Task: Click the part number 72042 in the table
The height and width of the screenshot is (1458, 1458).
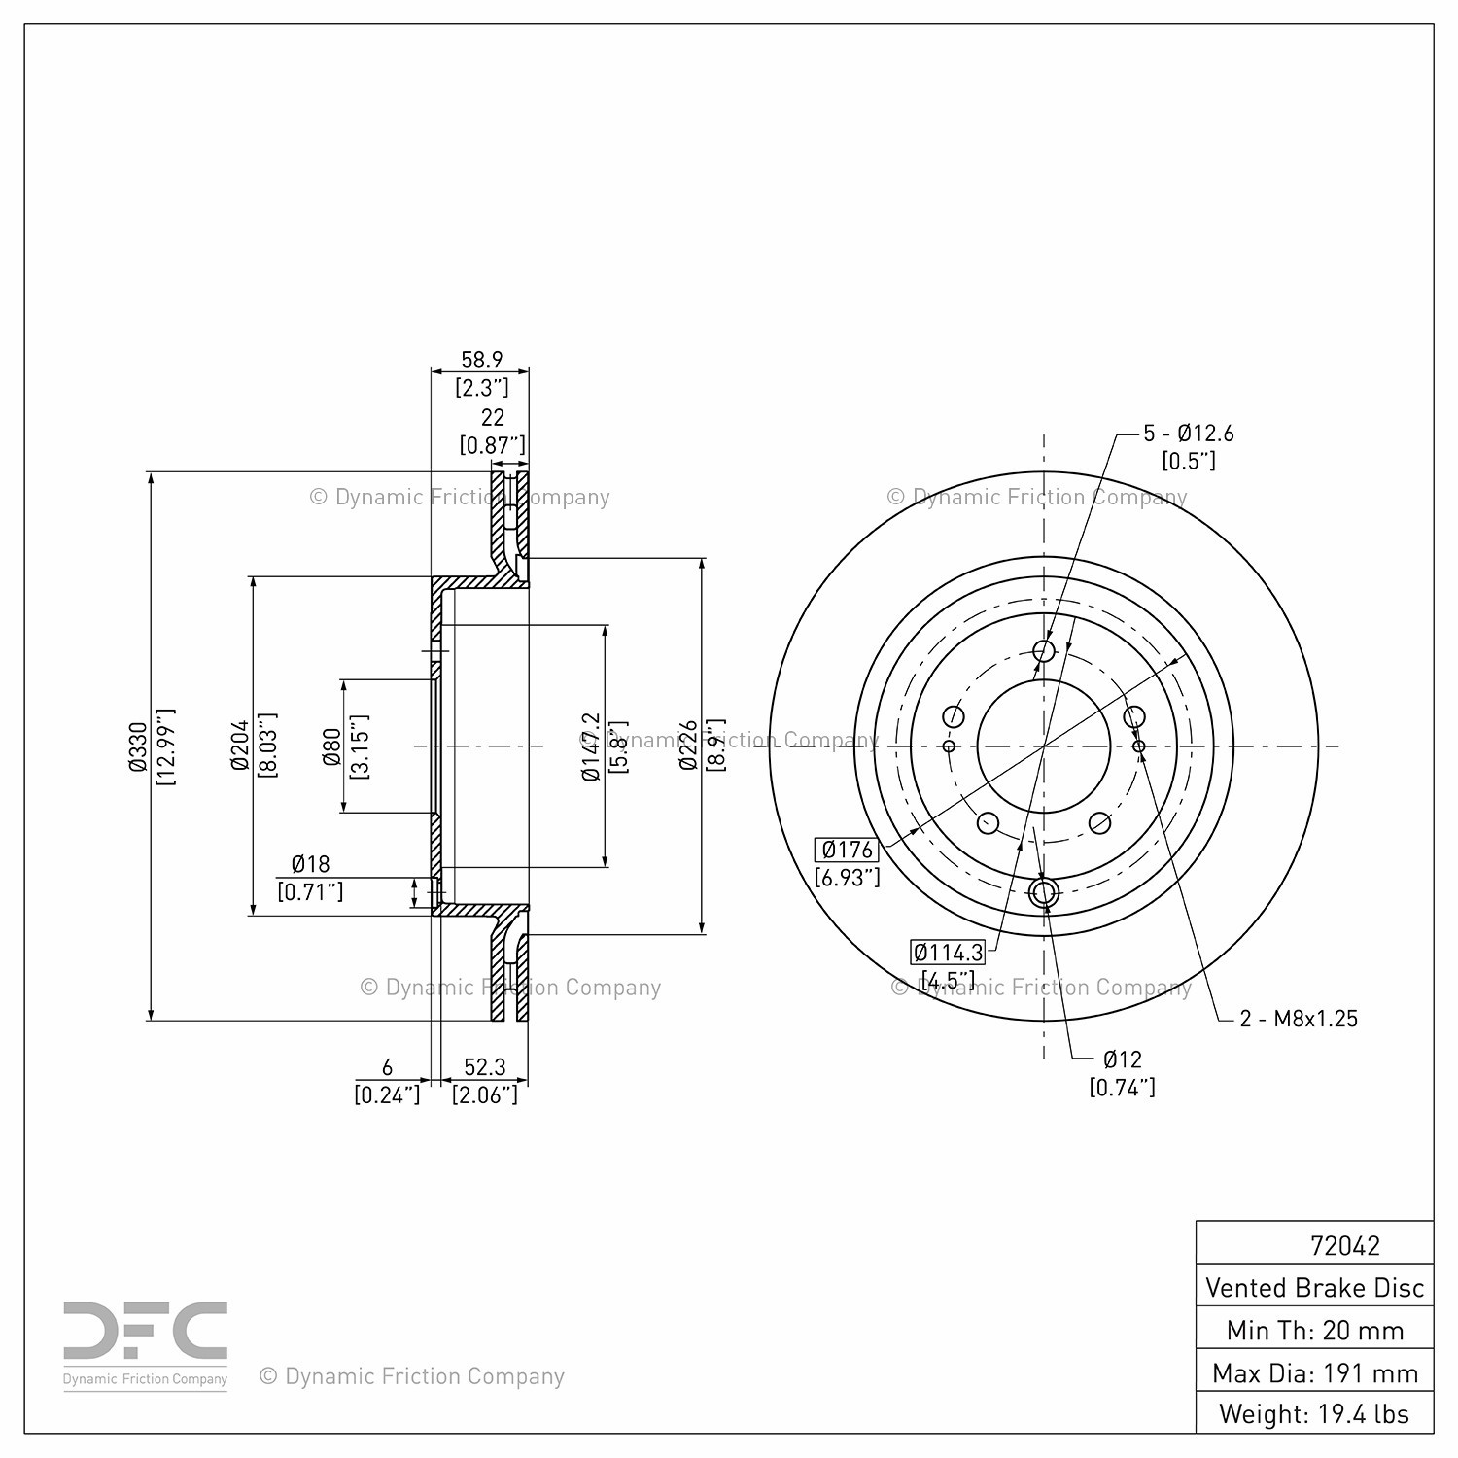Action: click(1344, 1245)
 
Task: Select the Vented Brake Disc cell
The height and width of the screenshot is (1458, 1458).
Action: click(1314, 1288)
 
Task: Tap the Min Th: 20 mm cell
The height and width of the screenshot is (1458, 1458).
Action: click(1314, 1330)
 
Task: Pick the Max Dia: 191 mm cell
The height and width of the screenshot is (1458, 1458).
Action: click(1314, 1372)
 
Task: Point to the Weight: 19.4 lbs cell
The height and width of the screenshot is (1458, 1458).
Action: click(1314, 1413)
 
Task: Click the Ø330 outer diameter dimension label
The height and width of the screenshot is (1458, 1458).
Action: click(137, 746)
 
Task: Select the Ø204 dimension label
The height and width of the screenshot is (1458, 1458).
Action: click(240, 746)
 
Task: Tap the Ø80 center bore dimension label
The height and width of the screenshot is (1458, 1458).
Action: click(331, 746)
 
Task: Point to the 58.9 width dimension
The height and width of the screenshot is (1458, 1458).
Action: click(482, 360)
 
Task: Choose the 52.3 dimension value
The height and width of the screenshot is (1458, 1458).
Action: click(484, 1068)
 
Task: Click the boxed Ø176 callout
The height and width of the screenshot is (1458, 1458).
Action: click(848, 850)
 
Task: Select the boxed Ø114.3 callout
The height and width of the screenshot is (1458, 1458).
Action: click(948, 952)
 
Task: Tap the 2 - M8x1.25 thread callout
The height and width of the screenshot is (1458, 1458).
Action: click(1299, 1019)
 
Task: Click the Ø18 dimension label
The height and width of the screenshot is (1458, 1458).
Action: click(310, 863)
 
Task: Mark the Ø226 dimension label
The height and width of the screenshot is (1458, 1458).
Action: click(688, 746)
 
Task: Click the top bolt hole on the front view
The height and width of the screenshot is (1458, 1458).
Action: click(1044, 650)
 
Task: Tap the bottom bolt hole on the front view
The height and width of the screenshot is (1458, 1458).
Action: click(1044, 892)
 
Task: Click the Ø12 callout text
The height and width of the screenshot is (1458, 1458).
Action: click(1122, 1059)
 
